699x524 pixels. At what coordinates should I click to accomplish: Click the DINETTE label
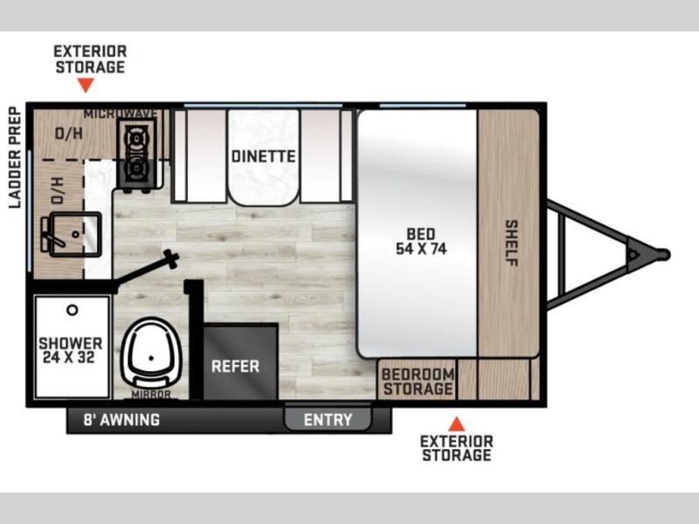pyautogui.click(x=264, y=156)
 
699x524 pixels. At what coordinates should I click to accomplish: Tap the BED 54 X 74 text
pyautogui.click(x=421, y=242)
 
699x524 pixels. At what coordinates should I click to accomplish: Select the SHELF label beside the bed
pyautogui.click(x=511, y=243)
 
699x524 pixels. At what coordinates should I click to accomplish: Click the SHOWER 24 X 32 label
pyautogui.click(x=71, y=350)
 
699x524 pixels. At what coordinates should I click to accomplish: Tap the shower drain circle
pyautogui.click(x=73, y=310)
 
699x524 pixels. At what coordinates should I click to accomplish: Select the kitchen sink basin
pyautogui.click(x=75, y=234)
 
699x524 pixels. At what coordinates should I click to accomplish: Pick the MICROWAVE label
pyautogui.click(x=121, y=114)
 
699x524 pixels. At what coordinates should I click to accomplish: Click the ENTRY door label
pyautogui.click(x=328, y=420)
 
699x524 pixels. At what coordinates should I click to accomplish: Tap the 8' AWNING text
pyautogui.click(x=121, y=420)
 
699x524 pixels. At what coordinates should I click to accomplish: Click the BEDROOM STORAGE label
pyautogui.click(x=418, y=382)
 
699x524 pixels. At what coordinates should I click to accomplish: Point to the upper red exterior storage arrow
pyautogui.click(x=86, y=84)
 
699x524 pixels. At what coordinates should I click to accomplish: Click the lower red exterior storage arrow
pyautogui.click(x=456, y=424)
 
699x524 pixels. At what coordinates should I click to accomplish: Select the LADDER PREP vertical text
pyautogui.click(x=15, y=157)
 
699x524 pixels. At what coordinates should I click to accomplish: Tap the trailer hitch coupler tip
pyautogui.click(x=665, y=254)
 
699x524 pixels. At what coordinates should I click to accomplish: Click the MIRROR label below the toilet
pyautogui.click(x=151, y=395)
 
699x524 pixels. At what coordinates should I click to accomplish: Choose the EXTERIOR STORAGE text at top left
pyautogui.click(x=90, y=59)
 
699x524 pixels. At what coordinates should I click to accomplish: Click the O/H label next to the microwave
pyautogui.click(x=69, y=133)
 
